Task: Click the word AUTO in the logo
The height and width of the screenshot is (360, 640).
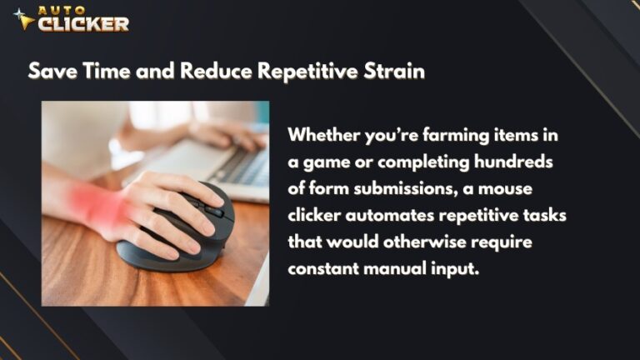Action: pos(57,11)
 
